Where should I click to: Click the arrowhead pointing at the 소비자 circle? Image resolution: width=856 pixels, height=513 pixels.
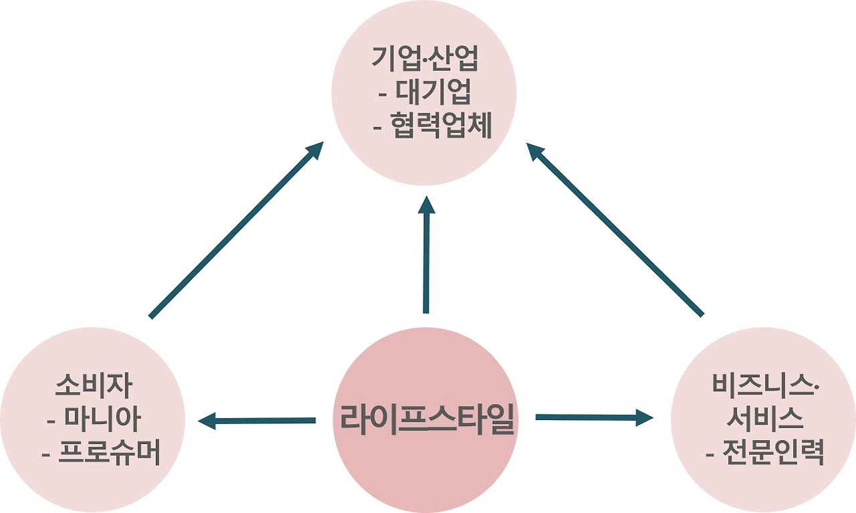click(x=207, y=421)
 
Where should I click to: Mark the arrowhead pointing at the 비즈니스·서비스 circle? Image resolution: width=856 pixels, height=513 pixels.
click(x=643, y=419)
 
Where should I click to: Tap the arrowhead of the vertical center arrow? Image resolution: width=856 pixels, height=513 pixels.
click(x=426, y=204)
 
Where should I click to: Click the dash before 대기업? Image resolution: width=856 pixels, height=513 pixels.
click(x=383, y=93)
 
